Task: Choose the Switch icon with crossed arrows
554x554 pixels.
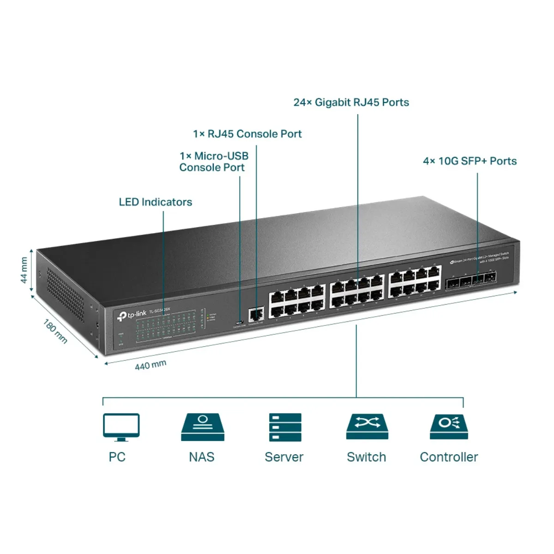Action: coord(367,426)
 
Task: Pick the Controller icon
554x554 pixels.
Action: coord(449,426)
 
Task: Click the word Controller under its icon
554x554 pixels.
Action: coord(449,457)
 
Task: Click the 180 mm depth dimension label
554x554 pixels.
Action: coord(55,331)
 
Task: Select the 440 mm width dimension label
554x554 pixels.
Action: coord(151,365)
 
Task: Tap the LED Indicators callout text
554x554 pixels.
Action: coord(155,202)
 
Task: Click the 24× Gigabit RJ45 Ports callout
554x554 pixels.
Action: coord(351,102)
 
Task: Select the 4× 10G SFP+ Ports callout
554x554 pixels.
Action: coord(470,161)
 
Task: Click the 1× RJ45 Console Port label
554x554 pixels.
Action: coord(247,134)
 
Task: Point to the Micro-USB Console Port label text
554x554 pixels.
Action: coord(213,162)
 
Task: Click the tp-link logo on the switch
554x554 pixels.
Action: coord(132,315)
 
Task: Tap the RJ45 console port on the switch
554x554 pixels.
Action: coord(255,315)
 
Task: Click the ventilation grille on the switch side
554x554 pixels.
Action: coord(66,295)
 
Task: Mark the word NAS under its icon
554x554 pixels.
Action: coord(202,457)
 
